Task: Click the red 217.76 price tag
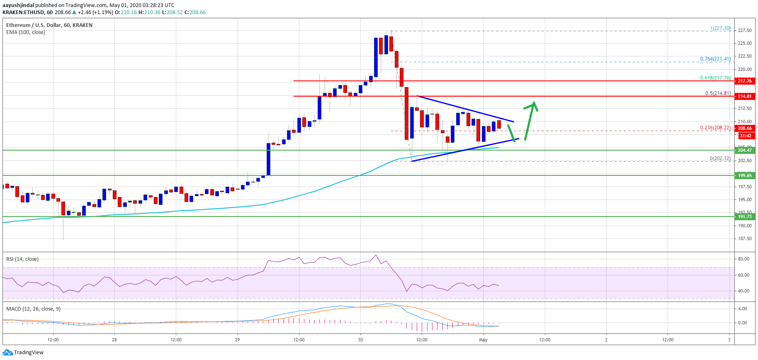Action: (744, 81)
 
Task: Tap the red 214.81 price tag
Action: (744, 96)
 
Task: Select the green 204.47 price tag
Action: (744, 150)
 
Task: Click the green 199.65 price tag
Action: (744, 175)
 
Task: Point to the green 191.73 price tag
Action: (744, 216)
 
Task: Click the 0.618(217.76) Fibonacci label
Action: (715, 78)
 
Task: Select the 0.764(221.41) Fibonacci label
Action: (715, 59)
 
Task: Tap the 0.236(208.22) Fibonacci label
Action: (715, 128)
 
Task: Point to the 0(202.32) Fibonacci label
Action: (720, 158)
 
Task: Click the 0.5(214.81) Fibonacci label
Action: (718, 93)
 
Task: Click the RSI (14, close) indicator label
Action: (22, 259)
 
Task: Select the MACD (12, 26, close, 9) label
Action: (33, 309)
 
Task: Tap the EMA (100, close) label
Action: (26, 32)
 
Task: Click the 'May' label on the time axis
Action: (483, 340)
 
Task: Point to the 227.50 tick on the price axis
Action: (745, 30)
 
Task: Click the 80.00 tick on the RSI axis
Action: (743, 259)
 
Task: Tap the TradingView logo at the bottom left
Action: (23, 353)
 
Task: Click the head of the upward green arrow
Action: (534, 104)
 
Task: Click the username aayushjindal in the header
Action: (18, 5)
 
